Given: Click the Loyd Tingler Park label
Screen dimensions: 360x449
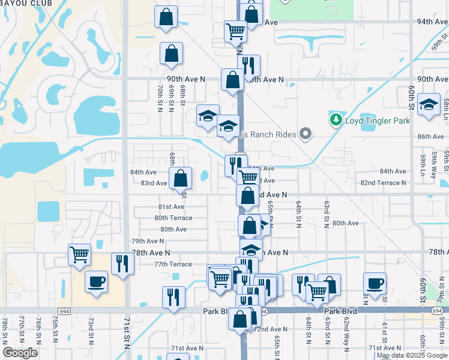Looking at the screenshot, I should (376, 121).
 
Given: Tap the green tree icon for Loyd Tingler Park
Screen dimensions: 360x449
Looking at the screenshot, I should (336, 121).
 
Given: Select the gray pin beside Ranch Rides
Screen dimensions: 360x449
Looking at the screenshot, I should (306, 134).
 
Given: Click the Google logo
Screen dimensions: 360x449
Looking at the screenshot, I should (20, 353).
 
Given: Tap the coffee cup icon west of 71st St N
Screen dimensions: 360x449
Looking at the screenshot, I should (96, 281).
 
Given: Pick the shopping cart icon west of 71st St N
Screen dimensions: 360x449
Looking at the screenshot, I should (79, 255).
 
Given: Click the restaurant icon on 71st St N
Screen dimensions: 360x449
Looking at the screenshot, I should (122, 263).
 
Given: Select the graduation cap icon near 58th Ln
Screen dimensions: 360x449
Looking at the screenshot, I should (429, 105).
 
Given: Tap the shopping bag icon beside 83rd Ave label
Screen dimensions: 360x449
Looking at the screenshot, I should (180, 178).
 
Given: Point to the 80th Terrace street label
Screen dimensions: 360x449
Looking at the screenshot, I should (173, 218).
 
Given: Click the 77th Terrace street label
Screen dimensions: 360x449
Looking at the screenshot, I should (173, 265).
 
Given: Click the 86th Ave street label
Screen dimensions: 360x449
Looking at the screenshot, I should (430, 137).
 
